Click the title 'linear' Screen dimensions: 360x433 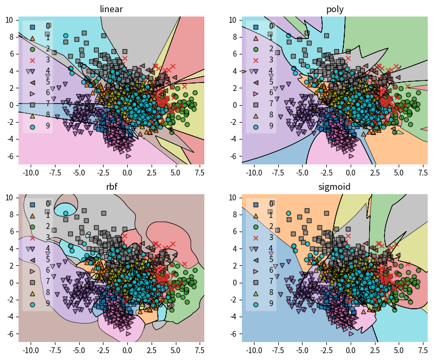[x=111, y=8]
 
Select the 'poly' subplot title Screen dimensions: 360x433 [x=335, y=8]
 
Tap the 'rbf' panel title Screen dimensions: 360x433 [x=111, y=186]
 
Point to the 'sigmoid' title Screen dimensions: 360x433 [x=335, y=186]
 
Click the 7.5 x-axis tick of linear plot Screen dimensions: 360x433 [x=200, y=172]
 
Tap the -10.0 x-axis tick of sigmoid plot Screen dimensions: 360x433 [x=253, y=350]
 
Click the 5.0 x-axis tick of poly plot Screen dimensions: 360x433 [x=399, y=172]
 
